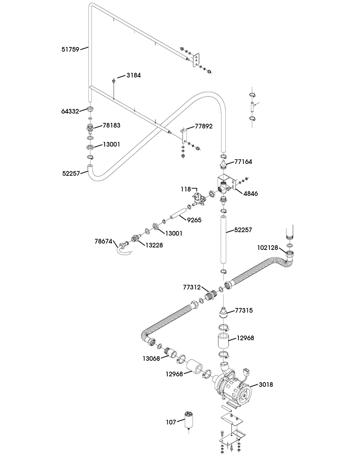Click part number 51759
click(x=70, y=49)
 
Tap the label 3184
click(x=134, y=75)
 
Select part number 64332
click(x=70, y=111)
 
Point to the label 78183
click(x=112, y=125)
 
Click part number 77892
click(x=204, y=126)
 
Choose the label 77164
click(x=243, y=162)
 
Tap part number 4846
click(x=251, y=194)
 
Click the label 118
click(x=186, y=189)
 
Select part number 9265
click(x=194, y=220)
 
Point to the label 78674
click(x=104, y=241)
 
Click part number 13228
click(x=154, y=245)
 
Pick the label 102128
click(x=268, y=247)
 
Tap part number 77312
click(x=192, y=287)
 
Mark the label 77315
click(x=244, y=311)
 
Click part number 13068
click(x=152, y=358)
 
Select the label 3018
click(x=266, y=385)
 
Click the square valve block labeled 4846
click(x=226, y=184)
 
